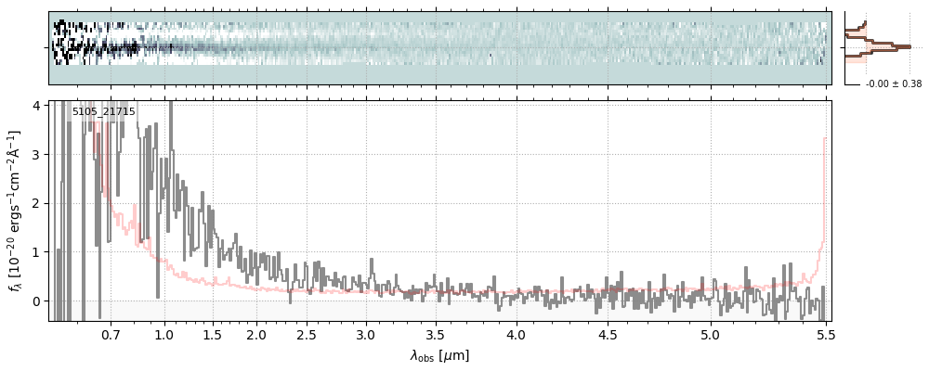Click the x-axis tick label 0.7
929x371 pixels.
(x=111, y=334)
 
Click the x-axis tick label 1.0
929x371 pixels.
(x=164, y=334)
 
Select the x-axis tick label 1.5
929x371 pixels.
(x=212, y=334)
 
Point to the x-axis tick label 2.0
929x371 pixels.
(x=257, y=334)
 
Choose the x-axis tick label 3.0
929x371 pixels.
(x=366, y=334)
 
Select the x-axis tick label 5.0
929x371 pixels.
(x=711, y=334)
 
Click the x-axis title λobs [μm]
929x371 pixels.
(x=439, y=355)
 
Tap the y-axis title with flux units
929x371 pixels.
(x=17, y=211)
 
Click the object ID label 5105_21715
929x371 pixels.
(x=104, y=112)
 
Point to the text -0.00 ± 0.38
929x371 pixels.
(x=894, y=84)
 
